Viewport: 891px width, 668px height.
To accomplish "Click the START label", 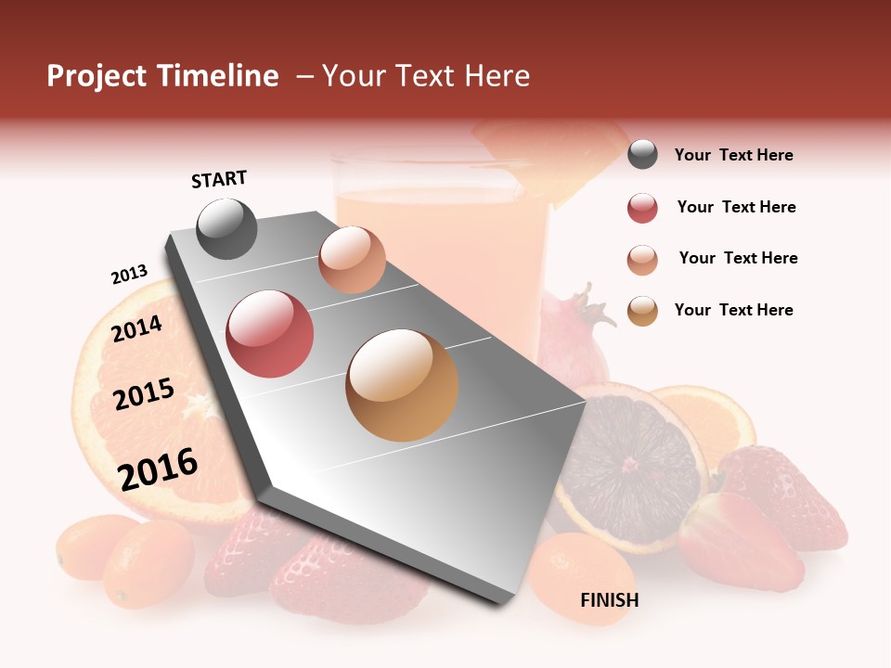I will tap(219, 179).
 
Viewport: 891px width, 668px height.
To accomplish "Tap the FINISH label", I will tap(609, 600).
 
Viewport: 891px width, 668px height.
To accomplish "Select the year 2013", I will tap(129, 275).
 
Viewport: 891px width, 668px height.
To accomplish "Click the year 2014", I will tap(137, 328).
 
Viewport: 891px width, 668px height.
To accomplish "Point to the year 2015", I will tap(144, 394).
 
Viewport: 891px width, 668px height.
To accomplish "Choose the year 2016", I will tap(158, 469).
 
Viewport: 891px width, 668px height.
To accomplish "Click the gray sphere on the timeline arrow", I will tap(226, 228).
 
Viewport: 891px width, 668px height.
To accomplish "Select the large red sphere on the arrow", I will tap(270, 334).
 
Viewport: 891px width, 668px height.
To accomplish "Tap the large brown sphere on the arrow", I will tap(402, 385).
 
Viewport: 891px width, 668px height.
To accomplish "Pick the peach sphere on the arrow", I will tap(352, 260).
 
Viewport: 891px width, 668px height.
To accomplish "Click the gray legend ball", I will tap(642, 155).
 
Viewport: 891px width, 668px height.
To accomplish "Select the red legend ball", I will tap(642, 208).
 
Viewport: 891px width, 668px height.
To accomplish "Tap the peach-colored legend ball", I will tap(642, 260).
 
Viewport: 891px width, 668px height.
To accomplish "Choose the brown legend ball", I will tap(642, 311).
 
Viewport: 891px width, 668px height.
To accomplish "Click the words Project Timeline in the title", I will tap(162, 76).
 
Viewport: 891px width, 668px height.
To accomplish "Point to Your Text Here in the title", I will tap(425, 76).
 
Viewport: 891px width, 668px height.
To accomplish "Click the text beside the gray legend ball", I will tap(733, 156).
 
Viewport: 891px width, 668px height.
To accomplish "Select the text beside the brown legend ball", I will tap(733, 310).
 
